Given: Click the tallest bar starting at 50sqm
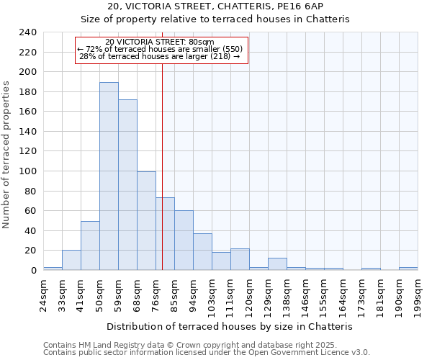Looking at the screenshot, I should (109, 176).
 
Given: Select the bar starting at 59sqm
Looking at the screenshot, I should (127, 185).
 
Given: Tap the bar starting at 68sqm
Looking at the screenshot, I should (146, 221).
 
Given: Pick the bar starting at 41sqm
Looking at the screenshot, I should (90, 246).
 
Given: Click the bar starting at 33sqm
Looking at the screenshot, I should (71, 260).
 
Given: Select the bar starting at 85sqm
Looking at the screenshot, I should (184, 240).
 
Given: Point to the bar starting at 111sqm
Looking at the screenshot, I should (240, 259).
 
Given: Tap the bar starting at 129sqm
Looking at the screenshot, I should (277, 264).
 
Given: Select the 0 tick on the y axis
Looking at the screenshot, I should (33, 271).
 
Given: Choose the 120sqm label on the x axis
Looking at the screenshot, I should (249, 290).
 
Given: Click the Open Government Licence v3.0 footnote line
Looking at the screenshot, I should (207, 353).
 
